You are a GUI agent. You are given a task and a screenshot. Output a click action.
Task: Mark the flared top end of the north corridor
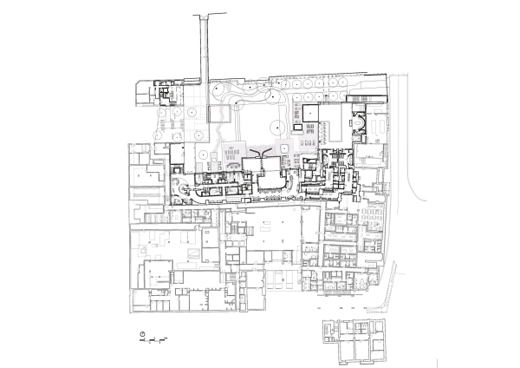pos(207,16)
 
